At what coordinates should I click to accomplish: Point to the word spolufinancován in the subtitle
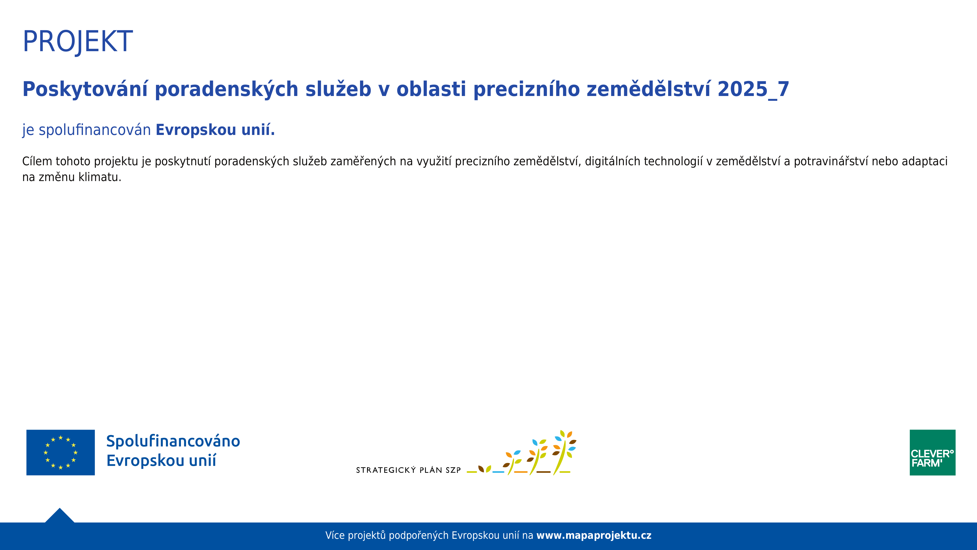(95, 130)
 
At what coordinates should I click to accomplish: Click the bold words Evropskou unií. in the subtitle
(215, 130)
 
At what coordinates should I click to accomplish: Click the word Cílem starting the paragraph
(37, 161)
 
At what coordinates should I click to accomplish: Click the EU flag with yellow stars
(61, 452)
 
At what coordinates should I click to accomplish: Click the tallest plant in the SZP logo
(564, 452)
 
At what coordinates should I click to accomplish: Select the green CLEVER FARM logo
(932, 452)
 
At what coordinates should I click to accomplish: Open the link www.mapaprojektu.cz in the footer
(594, 535)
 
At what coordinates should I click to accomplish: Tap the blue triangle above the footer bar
(60, 516)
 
